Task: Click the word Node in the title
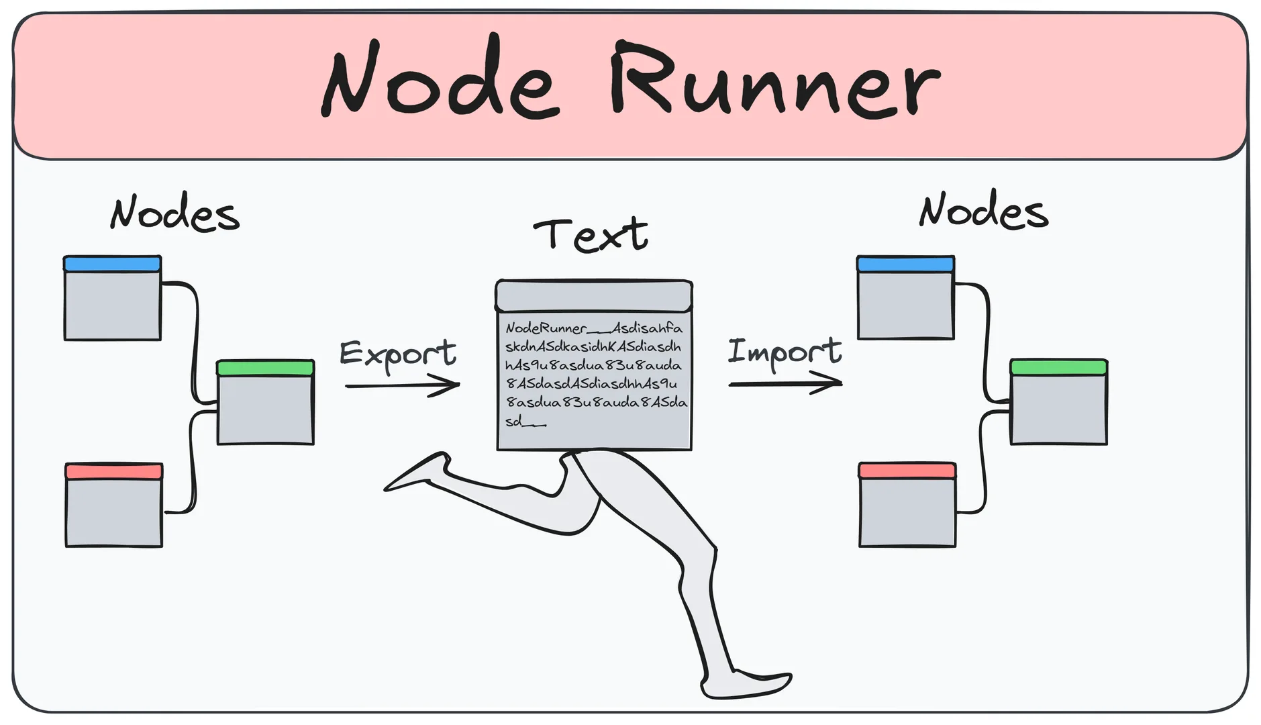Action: point(440,81)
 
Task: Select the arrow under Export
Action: point(403,385)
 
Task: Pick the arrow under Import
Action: point(785,384)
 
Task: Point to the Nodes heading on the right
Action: point(983,211)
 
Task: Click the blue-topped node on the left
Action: point(112,299)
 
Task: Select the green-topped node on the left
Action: point(266,403)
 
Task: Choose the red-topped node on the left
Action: point(114,505)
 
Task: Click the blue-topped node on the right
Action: point(905,298)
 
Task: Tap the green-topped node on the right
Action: point(1059,402)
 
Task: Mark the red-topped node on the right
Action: point(907,505)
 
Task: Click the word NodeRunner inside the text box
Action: point(546,328)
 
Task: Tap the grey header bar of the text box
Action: point(594,296)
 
